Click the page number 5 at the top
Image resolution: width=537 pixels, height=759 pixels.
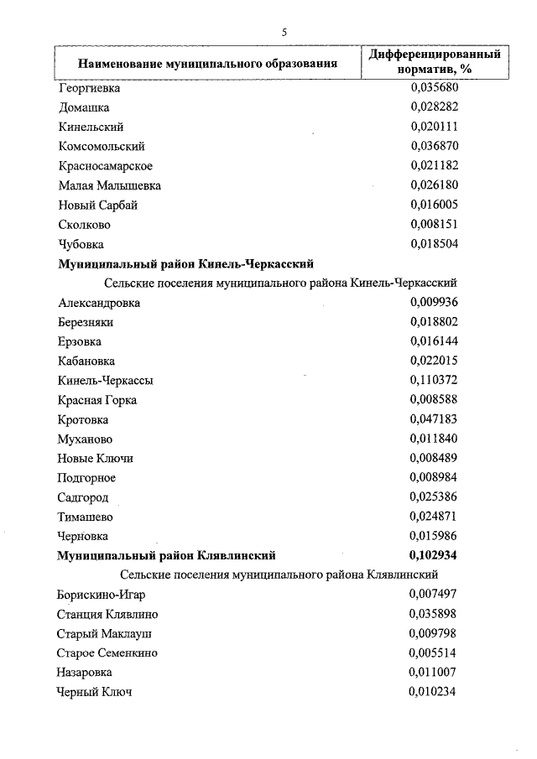(284, 32)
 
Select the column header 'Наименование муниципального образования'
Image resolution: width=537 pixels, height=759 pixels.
(208, 62)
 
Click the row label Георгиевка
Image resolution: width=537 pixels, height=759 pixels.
(90, 87)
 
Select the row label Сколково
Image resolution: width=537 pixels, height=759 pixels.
(85, 225)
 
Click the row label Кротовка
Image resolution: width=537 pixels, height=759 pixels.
(84, 419)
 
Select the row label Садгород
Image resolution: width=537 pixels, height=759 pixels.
(84, 497)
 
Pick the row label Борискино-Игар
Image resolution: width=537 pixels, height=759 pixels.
(102, 595)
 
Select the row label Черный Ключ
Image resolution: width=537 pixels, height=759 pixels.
(94, 692)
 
